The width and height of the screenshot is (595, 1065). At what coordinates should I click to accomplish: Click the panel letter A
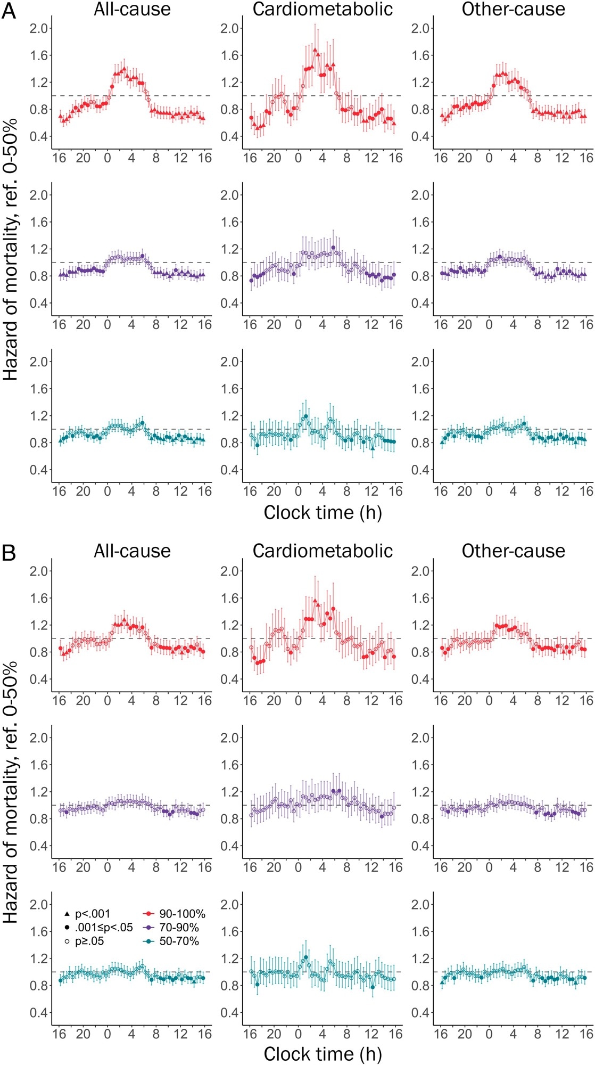pyautogui.click(x=9, y=10)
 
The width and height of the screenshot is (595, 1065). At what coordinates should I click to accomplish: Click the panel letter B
pyautogui.click(x=9, y=553)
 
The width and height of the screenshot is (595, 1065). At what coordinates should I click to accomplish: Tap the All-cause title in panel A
pyautogui.click(x=132, y=9)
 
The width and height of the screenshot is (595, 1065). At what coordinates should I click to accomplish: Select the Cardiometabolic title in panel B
pyautogui.click(x=323, y=551)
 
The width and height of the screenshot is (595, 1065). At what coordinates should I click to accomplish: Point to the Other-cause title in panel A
pyautogui.click(x=513, y=9)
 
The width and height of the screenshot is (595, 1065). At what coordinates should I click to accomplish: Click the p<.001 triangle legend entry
pyautogui.click(x=87, y=914)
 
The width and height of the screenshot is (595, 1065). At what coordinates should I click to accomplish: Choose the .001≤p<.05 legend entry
pyautogui.click(x=98, y=928)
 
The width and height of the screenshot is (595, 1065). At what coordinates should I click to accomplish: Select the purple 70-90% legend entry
pyautogui.click(x=172, y=928)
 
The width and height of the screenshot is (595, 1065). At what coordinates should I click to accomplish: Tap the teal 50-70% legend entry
pyautogui.click(x=172, y=941)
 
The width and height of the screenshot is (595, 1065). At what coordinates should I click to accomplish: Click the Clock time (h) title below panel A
pyautogui.click(x=323, y=513)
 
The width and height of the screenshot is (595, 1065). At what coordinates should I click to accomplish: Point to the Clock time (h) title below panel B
pyautogui.click(x=323, y=1054)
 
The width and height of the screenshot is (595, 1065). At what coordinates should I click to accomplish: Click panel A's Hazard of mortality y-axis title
pyautogui.click(x=11, y=250)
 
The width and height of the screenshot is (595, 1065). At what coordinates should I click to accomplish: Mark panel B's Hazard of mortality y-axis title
pyautogui.click(x=11, y=793)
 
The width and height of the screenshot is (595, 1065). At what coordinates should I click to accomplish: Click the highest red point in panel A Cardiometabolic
pyautogui.click(x=315, y=50)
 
